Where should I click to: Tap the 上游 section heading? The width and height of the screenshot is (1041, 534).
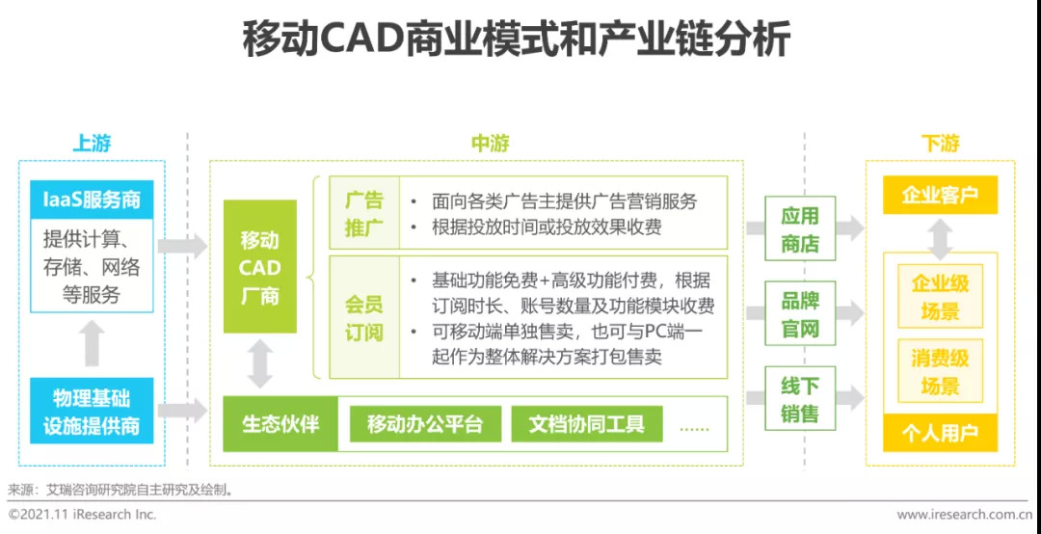click(x=92, y=145)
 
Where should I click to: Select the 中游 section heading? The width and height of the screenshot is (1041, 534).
click(x=490, y=145)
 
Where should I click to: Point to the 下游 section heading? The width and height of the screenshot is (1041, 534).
click(x=940, y=145)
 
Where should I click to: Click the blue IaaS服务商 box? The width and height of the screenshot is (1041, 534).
click(x=92, y=200)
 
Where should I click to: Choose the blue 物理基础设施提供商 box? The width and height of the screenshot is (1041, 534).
click(x=92, y=412)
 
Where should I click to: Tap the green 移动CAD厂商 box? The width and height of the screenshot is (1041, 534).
click(x=259, y=267)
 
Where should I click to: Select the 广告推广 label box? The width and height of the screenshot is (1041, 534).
click(x=364, y=214)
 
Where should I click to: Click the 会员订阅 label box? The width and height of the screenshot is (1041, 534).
click(x=364, y=318)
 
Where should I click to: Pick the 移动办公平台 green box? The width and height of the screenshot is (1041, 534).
click(x=424, y=424)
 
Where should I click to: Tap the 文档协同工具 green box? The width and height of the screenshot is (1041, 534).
click(x=586, y=424)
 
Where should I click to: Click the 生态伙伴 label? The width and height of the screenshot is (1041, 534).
click(x=280, y=424)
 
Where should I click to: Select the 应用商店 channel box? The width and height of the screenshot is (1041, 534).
click(x=800, y=229)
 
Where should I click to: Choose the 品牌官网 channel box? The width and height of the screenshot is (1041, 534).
click(x=800, y=314)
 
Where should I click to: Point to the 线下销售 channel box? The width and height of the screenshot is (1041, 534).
click(x=800, y=399)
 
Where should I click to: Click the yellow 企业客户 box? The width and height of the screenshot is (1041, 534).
click(x=940, y=196)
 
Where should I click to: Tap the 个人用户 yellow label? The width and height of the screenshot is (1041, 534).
click(x=940, y=434)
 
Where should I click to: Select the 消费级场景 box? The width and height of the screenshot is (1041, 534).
click(x=940, y=372)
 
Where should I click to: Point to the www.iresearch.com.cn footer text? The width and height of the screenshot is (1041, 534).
click(x=964, y=515)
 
